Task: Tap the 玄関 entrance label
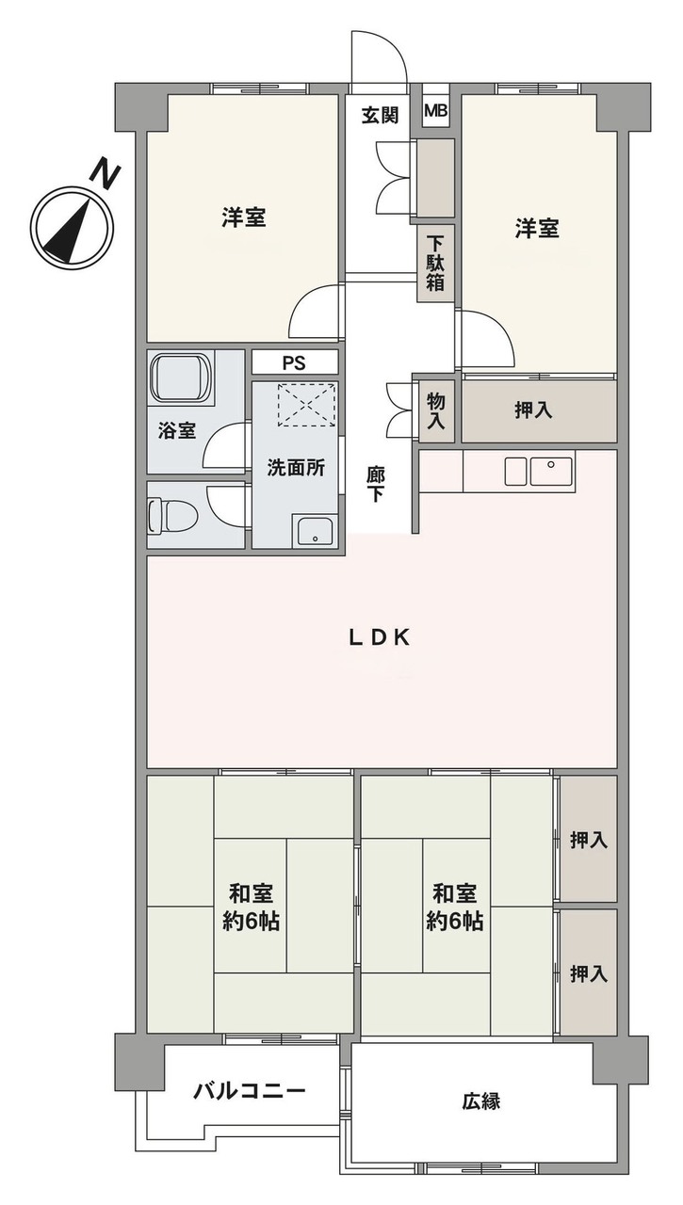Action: (x=381, y=115)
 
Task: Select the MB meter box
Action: (x=435, y=112)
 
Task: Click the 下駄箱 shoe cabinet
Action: (x=434, y=263)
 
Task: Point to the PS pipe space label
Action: (x=294, y=362)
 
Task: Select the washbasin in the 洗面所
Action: (x=313, y=531)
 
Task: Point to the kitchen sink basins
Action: (x=538, y=470)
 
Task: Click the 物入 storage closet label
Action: (x=435, y=410)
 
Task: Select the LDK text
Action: (x=379, y=637)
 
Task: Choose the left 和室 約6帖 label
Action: (x=252, y=907)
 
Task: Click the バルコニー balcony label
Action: (x=250, y=1092)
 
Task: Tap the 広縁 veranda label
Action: (x=480, y=1101)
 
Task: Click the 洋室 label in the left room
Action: (x=243, y=218)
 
